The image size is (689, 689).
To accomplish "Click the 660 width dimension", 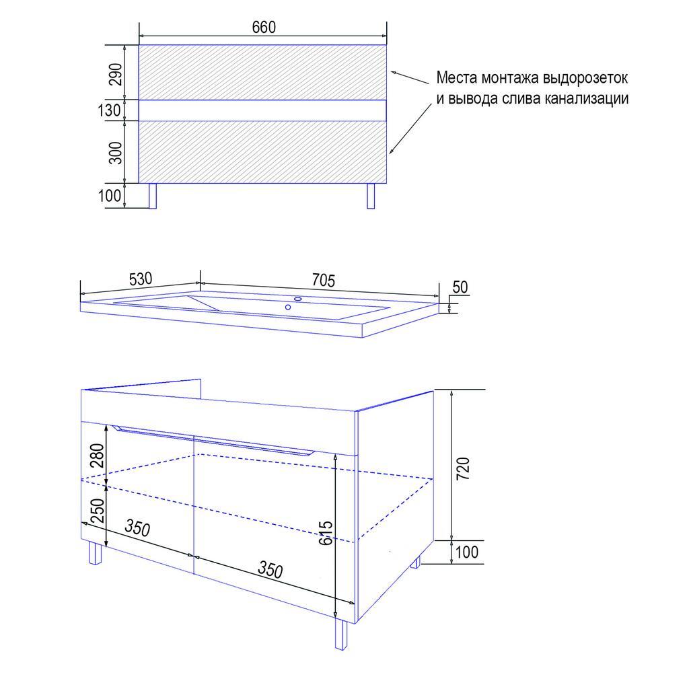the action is (264, 27).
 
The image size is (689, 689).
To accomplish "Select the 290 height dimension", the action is (115, 74).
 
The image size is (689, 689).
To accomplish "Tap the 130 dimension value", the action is (109, 110).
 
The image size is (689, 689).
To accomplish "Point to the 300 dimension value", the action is (115, 153).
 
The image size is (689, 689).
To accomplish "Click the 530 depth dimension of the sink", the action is (141, 279).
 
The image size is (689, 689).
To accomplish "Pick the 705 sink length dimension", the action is (324, 280).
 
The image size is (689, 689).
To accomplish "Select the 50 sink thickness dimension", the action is (460, 287).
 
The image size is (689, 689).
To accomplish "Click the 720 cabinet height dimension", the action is (463, 468).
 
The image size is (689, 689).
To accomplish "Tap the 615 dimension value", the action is (326, 533).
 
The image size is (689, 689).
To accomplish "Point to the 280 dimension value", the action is (97, 456).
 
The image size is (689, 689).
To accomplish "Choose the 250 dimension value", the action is (97, 510).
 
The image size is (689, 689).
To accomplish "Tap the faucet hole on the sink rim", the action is (298, 299).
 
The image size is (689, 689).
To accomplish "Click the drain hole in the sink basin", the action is (288, 307).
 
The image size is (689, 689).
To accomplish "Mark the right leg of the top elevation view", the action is (371, 196).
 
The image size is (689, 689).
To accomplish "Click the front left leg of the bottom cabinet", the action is (95, 552).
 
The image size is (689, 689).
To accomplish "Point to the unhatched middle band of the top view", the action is (263, 110).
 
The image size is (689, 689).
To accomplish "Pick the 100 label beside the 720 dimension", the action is (467, 552).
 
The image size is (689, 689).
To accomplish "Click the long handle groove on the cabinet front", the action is (213, 439).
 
